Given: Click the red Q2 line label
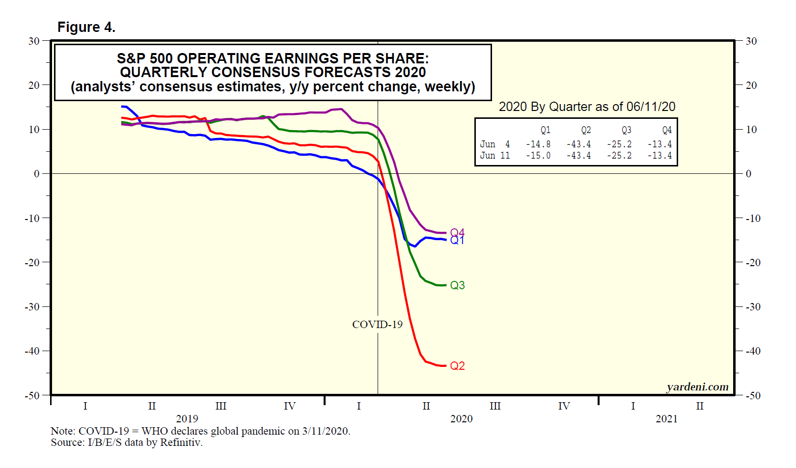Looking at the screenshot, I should [457, 366].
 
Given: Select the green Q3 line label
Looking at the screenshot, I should [457, 285].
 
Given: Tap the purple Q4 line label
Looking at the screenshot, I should [457, 232].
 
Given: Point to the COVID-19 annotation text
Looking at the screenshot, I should [377, 325].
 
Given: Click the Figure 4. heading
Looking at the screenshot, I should [86, 27].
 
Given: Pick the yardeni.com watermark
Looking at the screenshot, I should [697, 387].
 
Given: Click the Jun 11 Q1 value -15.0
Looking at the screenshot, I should [538, 156].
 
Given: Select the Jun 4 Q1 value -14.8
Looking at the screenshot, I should [538, 144].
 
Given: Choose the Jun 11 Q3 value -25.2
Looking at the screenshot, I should [619, 156].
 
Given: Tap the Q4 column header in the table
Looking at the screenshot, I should [667, 130].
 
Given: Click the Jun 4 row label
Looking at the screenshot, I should [495, 144].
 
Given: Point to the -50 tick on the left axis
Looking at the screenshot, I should [32, 395].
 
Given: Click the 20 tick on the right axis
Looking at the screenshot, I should [751, 85].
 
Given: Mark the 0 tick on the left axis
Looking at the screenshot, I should [36, 174].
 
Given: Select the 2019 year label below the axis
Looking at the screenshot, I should [187, 419].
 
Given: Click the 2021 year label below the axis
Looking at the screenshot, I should [666, 419].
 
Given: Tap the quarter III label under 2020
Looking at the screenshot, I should [495, 406].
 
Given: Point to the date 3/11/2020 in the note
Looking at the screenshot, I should [326, 431].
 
